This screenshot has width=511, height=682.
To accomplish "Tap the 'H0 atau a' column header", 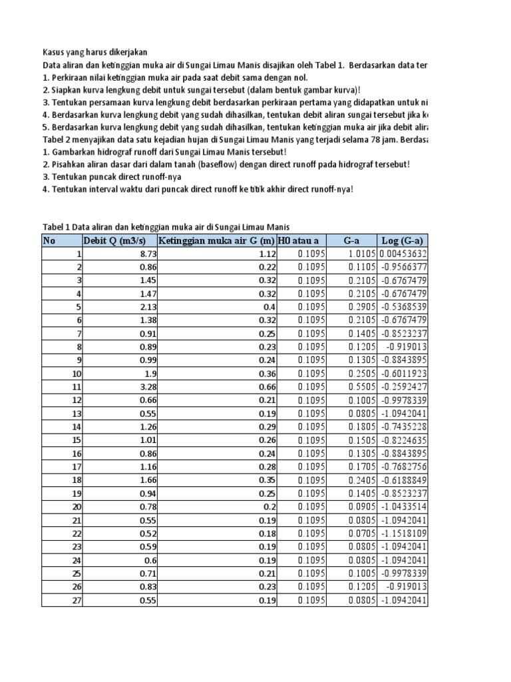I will click(298, 240).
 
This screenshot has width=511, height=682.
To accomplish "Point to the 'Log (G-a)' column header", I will click(403, 240).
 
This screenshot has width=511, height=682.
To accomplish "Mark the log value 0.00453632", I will click(403, 254).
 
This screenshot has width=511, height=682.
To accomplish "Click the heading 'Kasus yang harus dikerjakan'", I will click(96, 52).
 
